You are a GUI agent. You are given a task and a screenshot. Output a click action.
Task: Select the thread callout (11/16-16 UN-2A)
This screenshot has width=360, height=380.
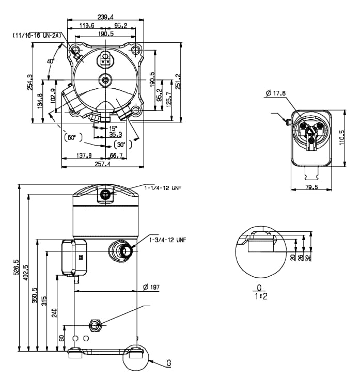(37, 35)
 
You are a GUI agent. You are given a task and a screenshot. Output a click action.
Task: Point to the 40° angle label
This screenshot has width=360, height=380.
(50, 61)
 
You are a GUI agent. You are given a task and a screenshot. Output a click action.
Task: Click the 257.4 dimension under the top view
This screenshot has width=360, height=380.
(102, 164)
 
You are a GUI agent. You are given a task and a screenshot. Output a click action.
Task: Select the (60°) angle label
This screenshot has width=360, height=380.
(71, 137)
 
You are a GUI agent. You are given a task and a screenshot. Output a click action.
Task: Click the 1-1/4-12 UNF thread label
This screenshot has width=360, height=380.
(164, 188)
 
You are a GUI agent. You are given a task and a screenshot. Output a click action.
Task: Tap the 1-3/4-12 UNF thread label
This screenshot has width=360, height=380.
(166, 240)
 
